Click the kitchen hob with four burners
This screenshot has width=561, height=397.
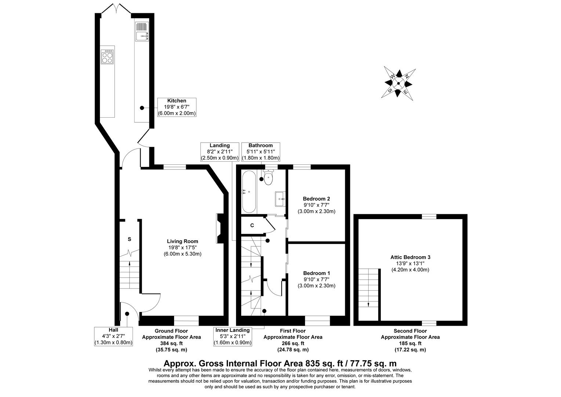pos(108,57)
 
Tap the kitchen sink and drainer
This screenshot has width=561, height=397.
pos(141,31)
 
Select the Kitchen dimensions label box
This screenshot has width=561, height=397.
pos(177,107)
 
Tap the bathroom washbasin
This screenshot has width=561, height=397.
pos(280,198)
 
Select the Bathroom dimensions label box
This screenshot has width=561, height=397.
pos(260,152)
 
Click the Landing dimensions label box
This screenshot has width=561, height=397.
pos(220,152)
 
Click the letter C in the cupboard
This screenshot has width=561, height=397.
pos(252,226)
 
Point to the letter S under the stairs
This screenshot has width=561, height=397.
pos(129,239)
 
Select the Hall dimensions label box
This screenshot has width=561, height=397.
pos(113,336)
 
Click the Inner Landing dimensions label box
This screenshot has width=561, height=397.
pos(232,336)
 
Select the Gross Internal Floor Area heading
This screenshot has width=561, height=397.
pos(280,363)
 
